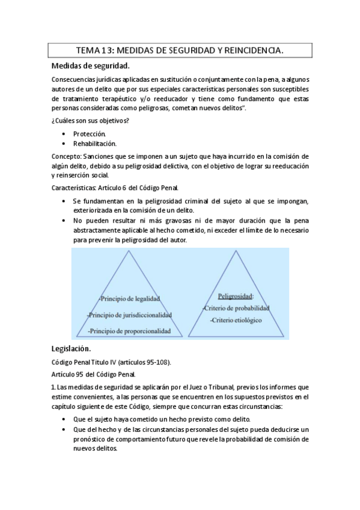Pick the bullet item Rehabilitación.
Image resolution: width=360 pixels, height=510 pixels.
pyautogui.click(x=95, y=144)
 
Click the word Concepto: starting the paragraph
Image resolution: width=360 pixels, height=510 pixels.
pyautogui.click(x=69, y=155)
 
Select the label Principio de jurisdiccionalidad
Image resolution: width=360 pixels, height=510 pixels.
pyautogui.click(x=129, y=315)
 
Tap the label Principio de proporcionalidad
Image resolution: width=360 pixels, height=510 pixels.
pyautogui.click(x=129, y=331)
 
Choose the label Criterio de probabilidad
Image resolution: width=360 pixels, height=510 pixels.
pyautogui.click(x=237, y=309)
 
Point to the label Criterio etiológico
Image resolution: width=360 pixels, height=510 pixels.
pyautogui.click(x=236, y=321)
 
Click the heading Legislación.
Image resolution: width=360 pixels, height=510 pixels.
pyautogui.click(x=71, y=349)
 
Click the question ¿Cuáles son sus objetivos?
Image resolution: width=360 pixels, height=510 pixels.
pyautogui.click(x=90, y=121)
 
